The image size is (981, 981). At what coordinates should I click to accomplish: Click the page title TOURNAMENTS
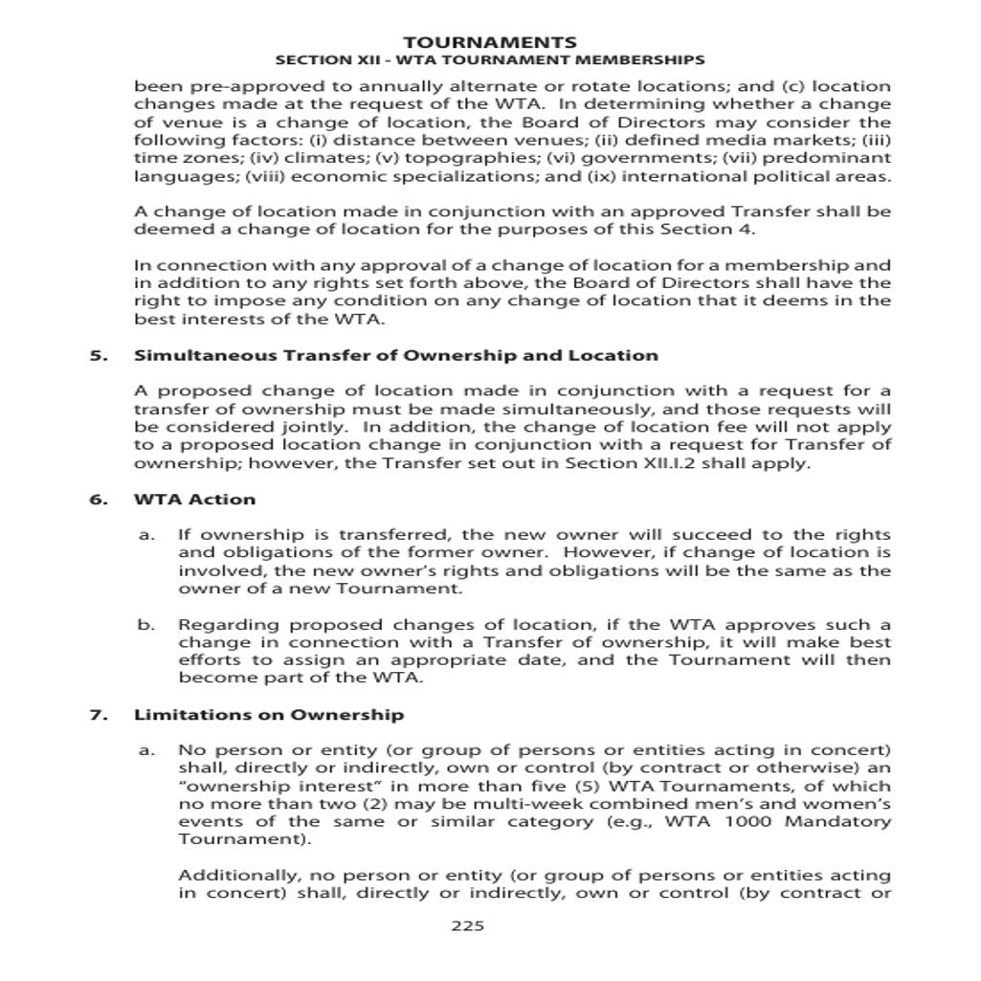point(489,42)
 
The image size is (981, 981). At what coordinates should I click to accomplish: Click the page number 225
point(467,925)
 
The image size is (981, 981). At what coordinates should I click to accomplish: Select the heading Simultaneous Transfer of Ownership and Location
point(395,356)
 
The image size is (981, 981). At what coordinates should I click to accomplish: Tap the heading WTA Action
point(194,500)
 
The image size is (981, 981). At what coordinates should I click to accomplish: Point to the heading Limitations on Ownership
point(268,715)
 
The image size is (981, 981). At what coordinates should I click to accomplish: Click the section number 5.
point(96,356)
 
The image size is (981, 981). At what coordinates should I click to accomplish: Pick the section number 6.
point(96,500)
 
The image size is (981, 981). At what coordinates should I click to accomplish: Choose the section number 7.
point(96,715)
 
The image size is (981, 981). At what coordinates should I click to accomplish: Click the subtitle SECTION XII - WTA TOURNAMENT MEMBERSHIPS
point(489,59)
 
